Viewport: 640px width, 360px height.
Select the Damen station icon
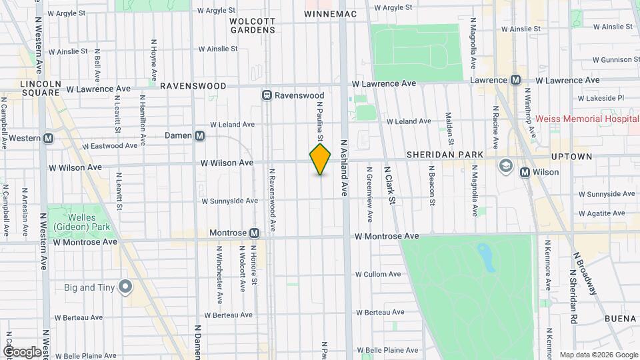click(x=200, y=135)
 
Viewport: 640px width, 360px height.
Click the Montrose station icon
click(x=254, y=233)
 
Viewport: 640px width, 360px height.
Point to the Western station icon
click(x=48, y=138)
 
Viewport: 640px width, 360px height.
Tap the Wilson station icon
click(x=525, y=172)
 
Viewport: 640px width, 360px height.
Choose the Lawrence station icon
click(x=515, y=80)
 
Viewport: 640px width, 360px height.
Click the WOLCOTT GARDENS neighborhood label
click(x=252, y=25)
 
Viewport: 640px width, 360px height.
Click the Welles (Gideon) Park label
click(x=92, y=223)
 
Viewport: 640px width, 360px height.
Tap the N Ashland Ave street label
click(x=345, y=167)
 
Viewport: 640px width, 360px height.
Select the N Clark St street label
click(x=389, y=185)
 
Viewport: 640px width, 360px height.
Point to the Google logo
click(x=22, y=351)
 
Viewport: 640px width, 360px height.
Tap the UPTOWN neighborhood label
click(x=571, y=156)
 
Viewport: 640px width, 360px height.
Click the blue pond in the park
click(x=487, y=257)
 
